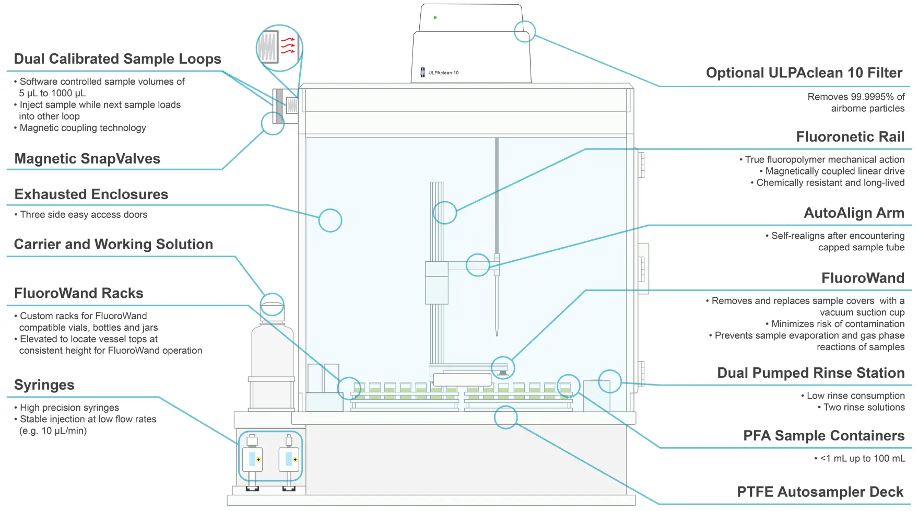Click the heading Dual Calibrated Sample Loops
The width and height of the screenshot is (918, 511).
117,59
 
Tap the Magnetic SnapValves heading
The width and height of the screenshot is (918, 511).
87,159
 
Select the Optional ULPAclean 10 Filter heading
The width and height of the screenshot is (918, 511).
804,73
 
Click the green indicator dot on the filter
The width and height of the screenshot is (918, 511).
435,17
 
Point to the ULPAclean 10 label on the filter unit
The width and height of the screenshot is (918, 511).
443,73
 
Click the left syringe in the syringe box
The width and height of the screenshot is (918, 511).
253,459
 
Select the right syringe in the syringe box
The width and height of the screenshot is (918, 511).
289,459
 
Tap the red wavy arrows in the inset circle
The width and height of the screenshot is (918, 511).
288,46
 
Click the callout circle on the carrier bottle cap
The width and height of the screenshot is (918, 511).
272,304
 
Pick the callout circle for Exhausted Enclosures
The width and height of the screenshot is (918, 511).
330,220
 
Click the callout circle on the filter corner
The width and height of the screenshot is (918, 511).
525,31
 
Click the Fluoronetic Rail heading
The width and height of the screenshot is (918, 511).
850,137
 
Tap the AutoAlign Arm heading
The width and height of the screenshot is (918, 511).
854,213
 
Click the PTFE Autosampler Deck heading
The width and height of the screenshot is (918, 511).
820,492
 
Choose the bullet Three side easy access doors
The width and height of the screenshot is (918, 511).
84,215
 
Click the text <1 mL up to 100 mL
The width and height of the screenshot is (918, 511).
862,459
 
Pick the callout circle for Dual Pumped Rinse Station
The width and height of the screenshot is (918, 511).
609,381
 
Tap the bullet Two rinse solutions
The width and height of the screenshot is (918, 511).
864,408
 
